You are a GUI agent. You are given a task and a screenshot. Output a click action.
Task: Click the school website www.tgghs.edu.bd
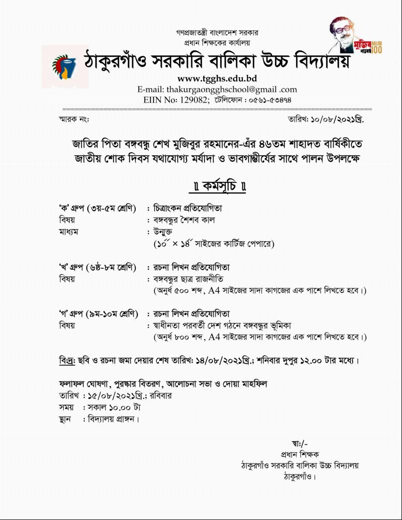coord(217,78)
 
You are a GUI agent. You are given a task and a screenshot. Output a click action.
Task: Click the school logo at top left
coord(64,67)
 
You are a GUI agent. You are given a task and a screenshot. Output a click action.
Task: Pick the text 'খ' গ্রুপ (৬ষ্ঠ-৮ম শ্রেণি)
coord(97,267)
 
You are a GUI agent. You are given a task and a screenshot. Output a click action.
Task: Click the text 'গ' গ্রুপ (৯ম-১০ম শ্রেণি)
coord(98,314)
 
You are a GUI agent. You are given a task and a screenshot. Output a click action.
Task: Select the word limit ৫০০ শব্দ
coord(189,291)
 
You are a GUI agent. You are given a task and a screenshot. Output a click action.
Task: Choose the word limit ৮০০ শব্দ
coord(189,337)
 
